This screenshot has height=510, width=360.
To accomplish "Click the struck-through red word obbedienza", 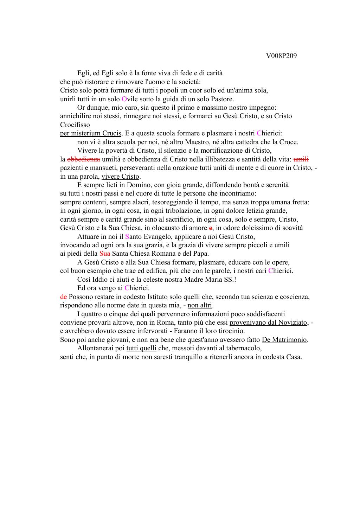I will tap(83, 159).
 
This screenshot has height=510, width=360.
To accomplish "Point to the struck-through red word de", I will tap(63, 297).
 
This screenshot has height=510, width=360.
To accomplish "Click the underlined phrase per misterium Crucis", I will tap(91, 133).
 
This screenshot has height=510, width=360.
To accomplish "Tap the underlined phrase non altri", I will tap(200, 305).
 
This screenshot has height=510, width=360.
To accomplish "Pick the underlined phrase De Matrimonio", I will tap(284, 340).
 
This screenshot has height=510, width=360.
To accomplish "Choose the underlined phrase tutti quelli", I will tap(141, 349).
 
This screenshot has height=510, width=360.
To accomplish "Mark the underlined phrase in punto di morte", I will tap(114, 357).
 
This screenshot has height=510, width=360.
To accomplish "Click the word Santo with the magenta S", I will tap(133, 237).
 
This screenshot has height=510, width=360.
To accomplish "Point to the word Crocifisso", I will tap(75, 125).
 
